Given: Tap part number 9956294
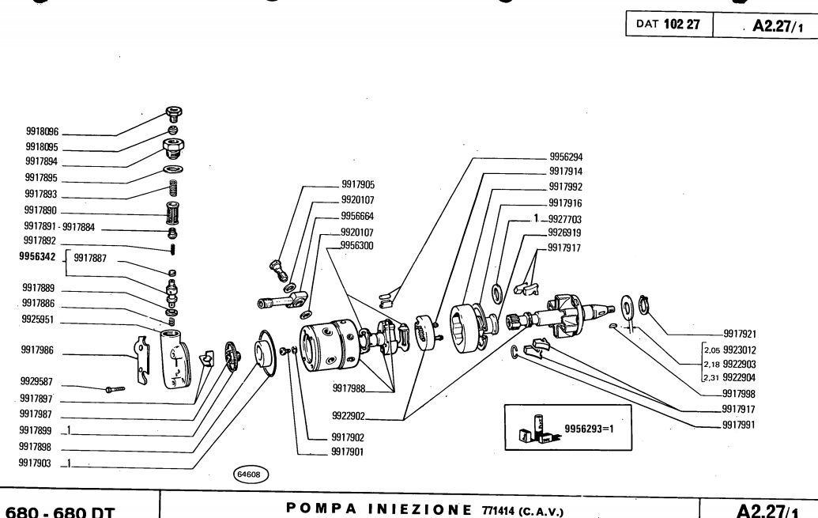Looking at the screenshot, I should [566, 157].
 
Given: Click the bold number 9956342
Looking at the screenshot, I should [38, 257].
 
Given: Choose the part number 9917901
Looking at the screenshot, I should [348, 452].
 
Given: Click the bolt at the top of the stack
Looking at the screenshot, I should [173, 113].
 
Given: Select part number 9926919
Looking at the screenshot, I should [565, 233].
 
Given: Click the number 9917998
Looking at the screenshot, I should [740, 393].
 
